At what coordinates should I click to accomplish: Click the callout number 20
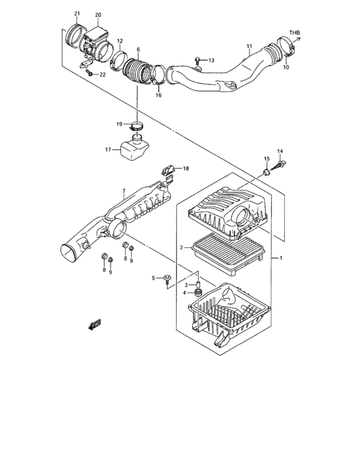click(x=98, y=15)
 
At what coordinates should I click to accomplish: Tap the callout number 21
click(x=77, y=14)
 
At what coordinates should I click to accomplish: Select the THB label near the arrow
click(x=294, y=32)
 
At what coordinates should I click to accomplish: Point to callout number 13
click(x=212, y=60)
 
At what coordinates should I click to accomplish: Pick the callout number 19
click(x=119, y=124)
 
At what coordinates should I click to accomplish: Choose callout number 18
click(x=186, y=169)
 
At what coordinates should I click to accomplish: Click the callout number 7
click(x=123, y=191)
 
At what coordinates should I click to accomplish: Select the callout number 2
click(x=182, y=247)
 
